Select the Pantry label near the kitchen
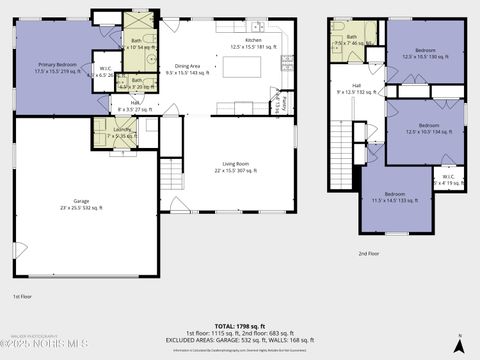point(283,102)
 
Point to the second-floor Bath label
point(351,41)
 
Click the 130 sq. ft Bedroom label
point(426,53)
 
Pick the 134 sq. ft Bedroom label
point(425,129)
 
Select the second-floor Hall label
point(357,89)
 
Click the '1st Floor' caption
point(23,297)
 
